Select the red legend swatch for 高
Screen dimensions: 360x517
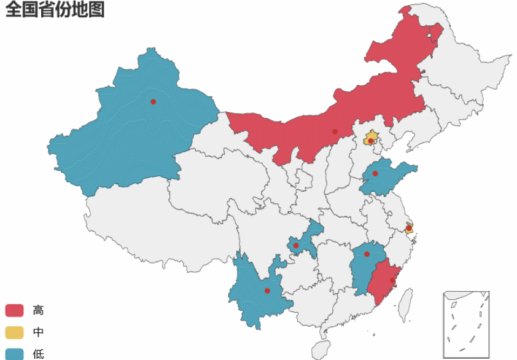pyautogui.click(x=14, y=310)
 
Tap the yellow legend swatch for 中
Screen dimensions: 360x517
pyautogui.click(x=14, y=332)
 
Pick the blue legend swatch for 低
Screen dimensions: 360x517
pyautogui.click(x=14, y=354)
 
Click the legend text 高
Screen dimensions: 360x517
pyautogui.click(x=38, y=310)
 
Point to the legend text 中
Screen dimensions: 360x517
pyautogui.click(x=38, y=332)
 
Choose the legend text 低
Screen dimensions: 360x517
pyautogui.click(x=38, y=354)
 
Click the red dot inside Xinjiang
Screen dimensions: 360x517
pyautogui.click(x=153, y=101)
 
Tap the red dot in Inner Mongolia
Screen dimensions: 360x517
pyautogui.click(x=335, y=131)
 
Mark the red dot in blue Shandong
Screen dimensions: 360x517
pyautogui.click(x=375, y=173)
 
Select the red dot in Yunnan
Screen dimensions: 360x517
pyautogui.click(x=267, y=291)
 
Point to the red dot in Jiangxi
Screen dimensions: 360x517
pyautogui.click(x=367, y=254)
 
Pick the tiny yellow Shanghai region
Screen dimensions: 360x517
pyautogui.click(x=410, y=229)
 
